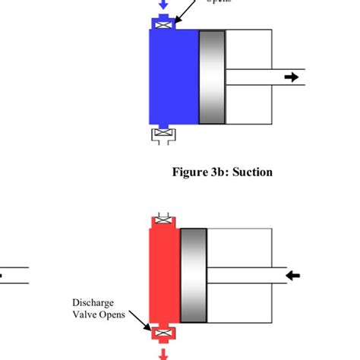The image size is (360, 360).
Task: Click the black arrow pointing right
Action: [291, 77]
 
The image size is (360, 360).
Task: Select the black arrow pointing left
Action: [292, 274]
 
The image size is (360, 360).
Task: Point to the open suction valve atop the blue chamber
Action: [163, 26]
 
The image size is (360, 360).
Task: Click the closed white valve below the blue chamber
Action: [162, 135]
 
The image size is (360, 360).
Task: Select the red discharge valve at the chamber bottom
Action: [162, 333]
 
